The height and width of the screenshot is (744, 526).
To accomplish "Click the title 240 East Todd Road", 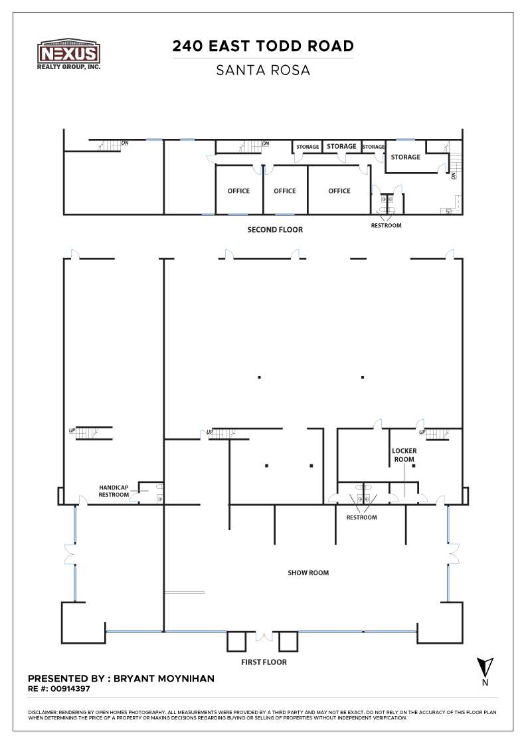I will coord(263,46).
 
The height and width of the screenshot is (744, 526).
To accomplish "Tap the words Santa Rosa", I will coord(263,70).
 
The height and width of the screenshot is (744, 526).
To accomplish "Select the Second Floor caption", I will coord(275,230).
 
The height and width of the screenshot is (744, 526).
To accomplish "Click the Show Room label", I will coord(308,573).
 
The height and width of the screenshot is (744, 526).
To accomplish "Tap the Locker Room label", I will coord(404,455).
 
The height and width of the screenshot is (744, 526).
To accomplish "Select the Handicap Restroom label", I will coord(114,490).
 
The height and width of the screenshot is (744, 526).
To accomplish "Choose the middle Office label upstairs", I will coord(285,191).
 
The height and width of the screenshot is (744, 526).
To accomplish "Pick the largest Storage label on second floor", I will coord(405,157).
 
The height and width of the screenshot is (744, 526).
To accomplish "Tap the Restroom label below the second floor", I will coord(386,225).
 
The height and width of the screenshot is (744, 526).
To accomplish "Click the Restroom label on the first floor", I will coord(361,517).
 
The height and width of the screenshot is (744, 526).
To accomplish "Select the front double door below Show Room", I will coord(264,636).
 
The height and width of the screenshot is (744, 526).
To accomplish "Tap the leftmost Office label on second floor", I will coord(239,191).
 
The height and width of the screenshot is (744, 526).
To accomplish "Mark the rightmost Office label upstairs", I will coord(339,191).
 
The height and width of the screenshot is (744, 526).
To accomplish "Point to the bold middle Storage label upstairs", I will coord(341,146).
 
